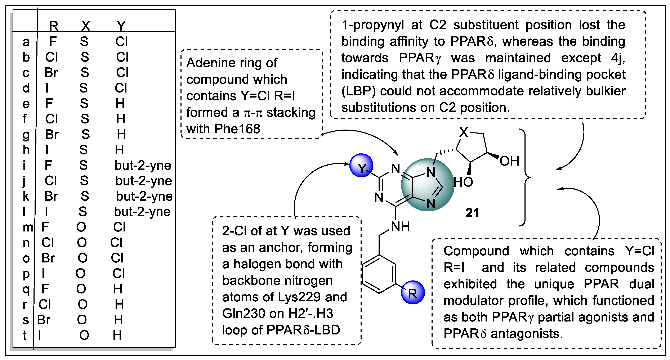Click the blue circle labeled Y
pyautogui.click(x=361, y=166)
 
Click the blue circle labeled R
pyautogui.click(x=413, y=292)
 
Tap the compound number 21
pyautogui.click(x=472, y=213)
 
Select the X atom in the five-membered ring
pyautogui.click(x=464, y=132)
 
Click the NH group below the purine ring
pyautogui.click(x=401, y=227)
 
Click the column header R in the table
pyautogui.click(x=54, y=26)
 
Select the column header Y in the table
pyautogui.click(x=121, y=26)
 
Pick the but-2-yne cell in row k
pyautogui.click(x=144, y=196)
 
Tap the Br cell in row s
pyautogui.click(x=44, y=320)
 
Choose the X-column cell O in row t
pyautogui.click(x=84, y=335)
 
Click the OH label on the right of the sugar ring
pyautogui.click(x=509, y=161)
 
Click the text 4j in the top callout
pyautogui.click(x=618, y=58)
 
